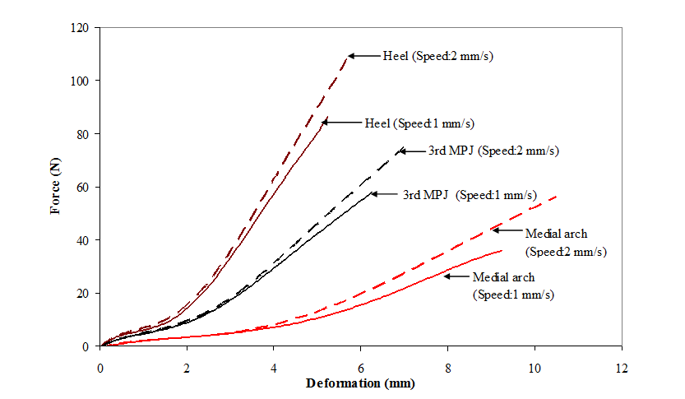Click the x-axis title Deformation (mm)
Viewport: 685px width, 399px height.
[360, 383]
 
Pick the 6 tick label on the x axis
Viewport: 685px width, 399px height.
[360, 363]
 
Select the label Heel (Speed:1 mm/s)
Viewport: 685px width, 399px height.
[419, 123]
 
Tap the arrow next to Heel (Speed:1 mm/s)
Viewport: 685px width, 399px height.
[340, 122]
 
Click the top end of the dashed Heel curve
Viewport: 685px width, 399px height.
[347, 56]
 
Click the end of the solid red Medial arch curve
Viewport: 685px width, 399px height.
[501, 250]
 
